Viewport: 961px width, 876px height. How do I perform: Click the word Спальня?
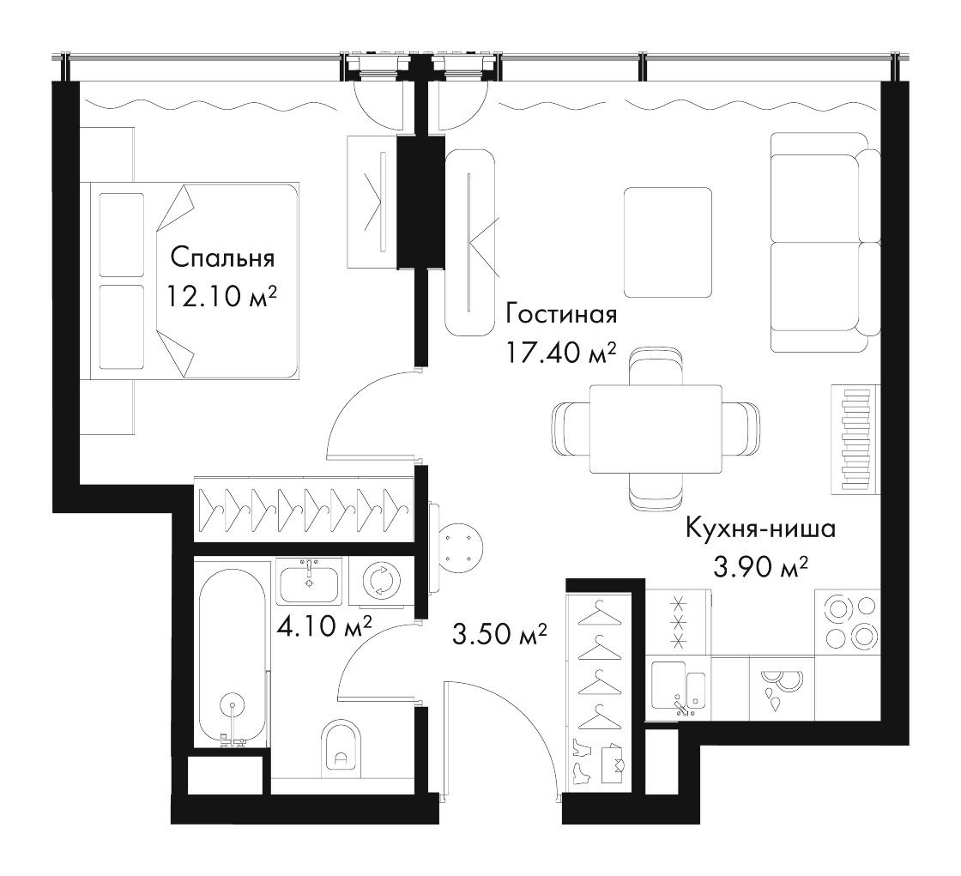tap(222, 258)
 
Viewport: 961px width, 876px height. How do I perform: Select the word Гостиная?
tap(561, 315)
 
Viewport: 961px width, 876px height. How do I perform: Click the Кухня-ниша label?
tap(760, 528)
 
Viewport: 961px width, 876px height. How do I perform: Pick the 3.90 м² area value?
tap(760, 567)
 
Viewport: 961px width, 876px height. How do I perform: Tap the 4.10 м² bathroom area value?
tap(325, 626)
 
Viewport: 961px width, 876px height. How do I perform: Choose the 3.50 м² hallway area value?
tap(499, 634)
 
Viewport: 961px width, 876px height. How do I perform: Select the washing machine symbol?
tap(380, 580)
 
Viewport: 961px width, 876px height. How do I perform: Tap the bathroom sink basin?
tap(309, 582)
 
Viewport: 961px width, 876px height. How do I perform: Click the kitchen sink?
tap(678, 688)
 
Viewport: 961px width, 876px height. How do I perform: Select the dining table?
tap(656, 429)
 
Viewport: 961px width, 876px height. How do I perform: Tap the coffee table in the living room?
tap(668, 242)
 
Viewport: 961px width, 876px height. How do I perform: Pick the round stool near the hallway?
tap(461, 547)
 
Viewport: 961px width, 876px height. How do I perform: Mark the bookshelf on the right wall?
tap(855, 439)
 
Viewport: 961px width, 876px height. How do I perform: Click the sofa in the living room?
tap(825, 242)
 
